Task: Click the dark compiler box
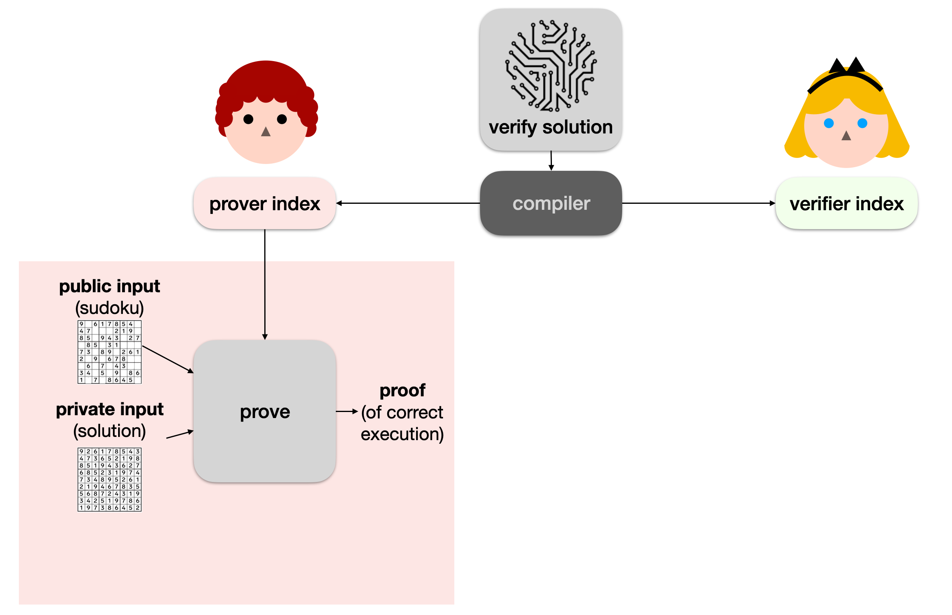coord(551,203)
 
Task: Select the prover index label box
coord(265,203)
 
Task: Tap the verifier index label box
coord(846,203)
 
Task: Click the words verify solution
coord(551,127)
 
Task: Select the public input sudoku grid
coord(109,352)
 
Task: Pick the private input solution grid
coord(109,480)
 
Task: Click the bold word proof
coord(402,390)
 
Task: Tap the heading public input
coord(109,286)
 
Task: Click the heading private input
coord(109,409)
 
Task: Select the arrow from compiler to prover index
coord(408,203)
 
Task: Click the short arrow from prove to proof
coord(347,411)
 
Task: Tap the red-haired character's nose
coord(266,132)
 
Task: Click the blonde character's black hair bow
coord(847,66)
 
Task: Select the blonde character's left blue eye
coord(829,123)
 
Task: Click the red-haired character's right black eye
coord(282,119)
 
